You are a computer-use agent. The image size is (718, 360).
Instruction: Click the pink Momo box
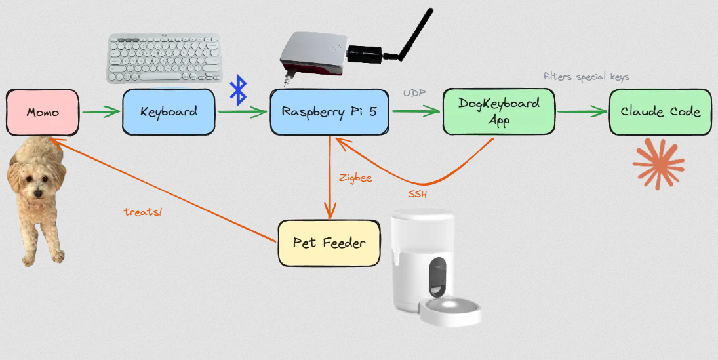tap(43, 112)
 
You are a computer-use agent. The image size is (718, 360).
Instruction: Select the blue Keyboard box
tap(169, 111)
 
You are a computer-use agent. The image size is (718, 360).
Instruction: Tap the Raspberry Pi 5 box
tap(329, 111)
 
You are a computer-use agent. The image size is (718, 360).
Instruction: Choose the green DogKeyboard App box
tap(498, 112)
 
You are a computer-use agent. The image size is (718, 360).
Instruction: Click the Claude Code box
tap(660, 111)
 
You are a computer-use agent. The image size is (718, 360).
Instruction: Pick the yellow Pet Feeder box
tap(329, 243)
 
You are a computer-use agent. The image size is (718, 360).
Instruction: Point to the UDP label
tap(414, 94)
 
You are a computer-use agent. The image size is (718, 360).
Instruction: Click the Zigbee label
tap(355, 177)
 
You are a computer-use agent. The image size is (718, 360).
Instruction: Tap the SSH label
tap(418, 195)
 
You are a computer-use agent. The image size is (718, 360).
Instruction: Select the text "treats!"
tap(142, 212)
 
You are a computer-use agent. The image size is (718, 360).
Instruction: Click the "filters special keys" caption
tap(586, 77)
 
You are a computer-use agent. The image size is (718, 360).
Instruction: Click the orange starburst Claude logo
tap(658, 164)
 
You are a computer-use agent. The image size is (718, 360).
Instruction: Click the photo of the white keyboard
tap(164, 59)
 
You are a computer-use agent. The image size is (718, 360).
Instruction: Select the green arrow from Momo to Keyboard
tap(101, 112)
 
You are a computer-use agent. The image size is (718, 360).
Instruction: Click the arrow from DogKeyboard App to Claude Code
tap(582, 112)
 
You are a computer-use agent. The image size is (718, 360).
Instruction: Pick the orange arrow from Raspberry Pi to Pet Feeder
tap(329, 177)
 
